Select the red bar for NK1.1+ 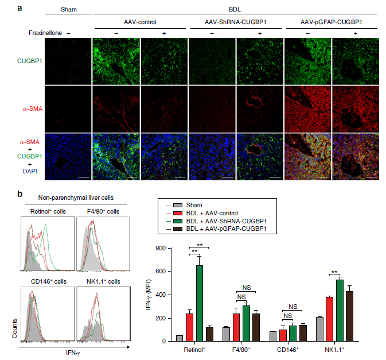click(329, 319)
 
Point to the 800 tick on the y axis click(171, 248)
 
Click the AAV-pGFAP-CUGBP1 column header click(331, 21)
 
